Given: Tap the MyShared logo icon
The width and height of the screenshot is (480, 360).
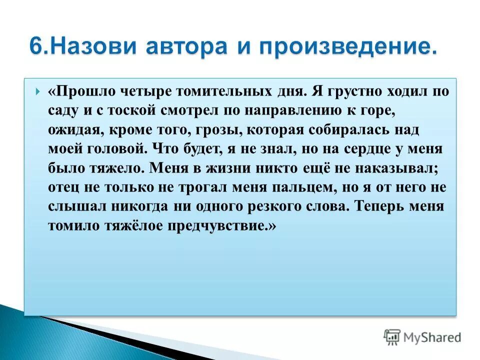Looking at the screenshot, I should [392, 336].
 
